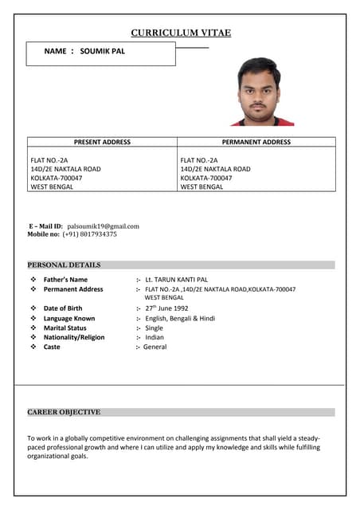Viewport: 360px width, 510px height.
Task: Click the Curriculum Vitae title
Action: point(181,33)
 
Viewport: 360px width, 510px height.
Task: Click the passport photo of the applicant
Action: point(260,92)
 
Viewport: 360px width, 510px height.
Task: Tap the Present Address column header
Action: point(102,142)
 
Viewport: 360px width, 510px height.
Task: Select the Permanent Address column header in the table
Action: point(256,142)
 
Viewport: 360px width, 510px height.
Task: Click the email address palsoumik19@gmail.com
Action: point(103,226)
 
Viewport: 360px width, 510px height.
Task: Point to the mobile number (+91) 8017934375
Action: point(89,234)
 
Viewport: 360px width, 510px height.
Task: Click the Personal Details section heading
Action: point(64,265)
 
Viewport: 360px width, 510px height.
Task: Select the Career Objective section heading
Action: point(64,412)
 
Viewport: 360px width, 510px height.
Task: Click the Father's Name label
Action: point(65,280)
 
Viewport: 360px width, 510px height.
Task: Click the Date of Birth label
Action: point(63,308)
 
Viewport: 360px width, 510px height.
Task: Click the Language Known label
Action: point(69,318)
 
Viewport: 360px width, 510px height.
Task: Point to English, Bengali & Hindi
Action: point(180,318)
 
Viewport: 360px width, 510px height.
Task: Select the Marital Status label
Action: point(65,328)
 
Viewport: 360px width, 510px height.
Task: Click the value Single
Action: point(154,328)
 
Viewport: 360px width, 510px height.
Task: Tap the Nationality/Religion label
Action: point(74,337)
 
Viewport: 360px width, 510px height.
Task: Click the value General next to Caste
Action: point(155,347)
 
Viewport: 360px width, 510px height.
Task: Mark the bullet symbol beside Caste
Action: point(33,347)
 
